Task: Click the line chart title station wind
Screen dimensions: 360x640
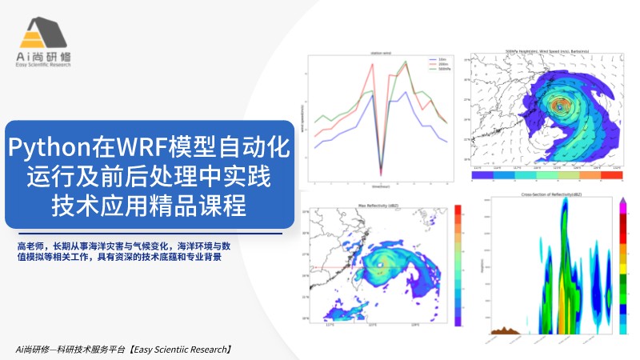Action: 380,51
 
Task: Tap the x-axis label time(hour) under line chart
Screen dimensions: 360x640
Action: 380,186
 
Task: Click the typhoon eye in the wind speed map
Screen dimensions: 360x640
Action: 559,104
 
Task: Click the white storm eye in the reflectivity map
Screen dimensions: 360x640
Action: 382,265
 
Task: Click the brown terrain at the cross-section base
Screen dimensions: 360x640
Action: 502,330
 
